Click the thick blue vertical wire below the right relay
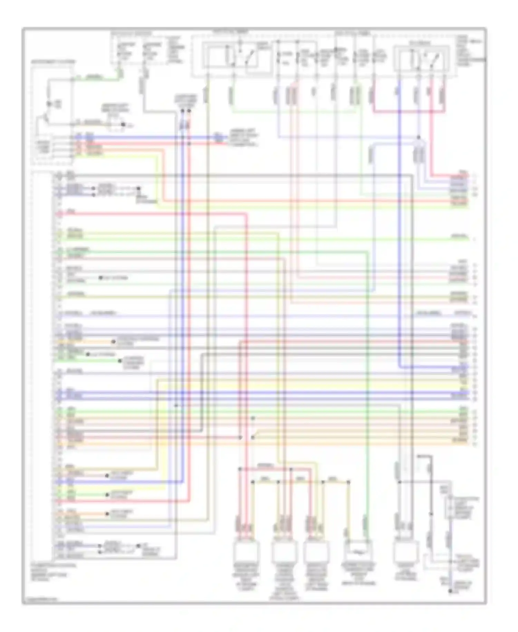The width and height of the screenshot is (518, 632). pyautogui.click(x=399, y=242)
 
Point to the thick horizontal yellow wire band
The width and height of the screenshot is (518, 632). pyautogui.click(x=311, y=384)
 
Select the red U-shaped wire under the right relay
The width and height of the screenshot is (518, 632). pyautogui.click(x=407, y=111)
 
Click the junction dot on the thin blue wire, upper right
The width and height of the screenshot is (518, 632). pyautogui.click(x=419, y=138)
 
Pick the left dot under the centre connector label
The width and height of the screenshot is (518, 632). pyautogui.click(x=183, y=111)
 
